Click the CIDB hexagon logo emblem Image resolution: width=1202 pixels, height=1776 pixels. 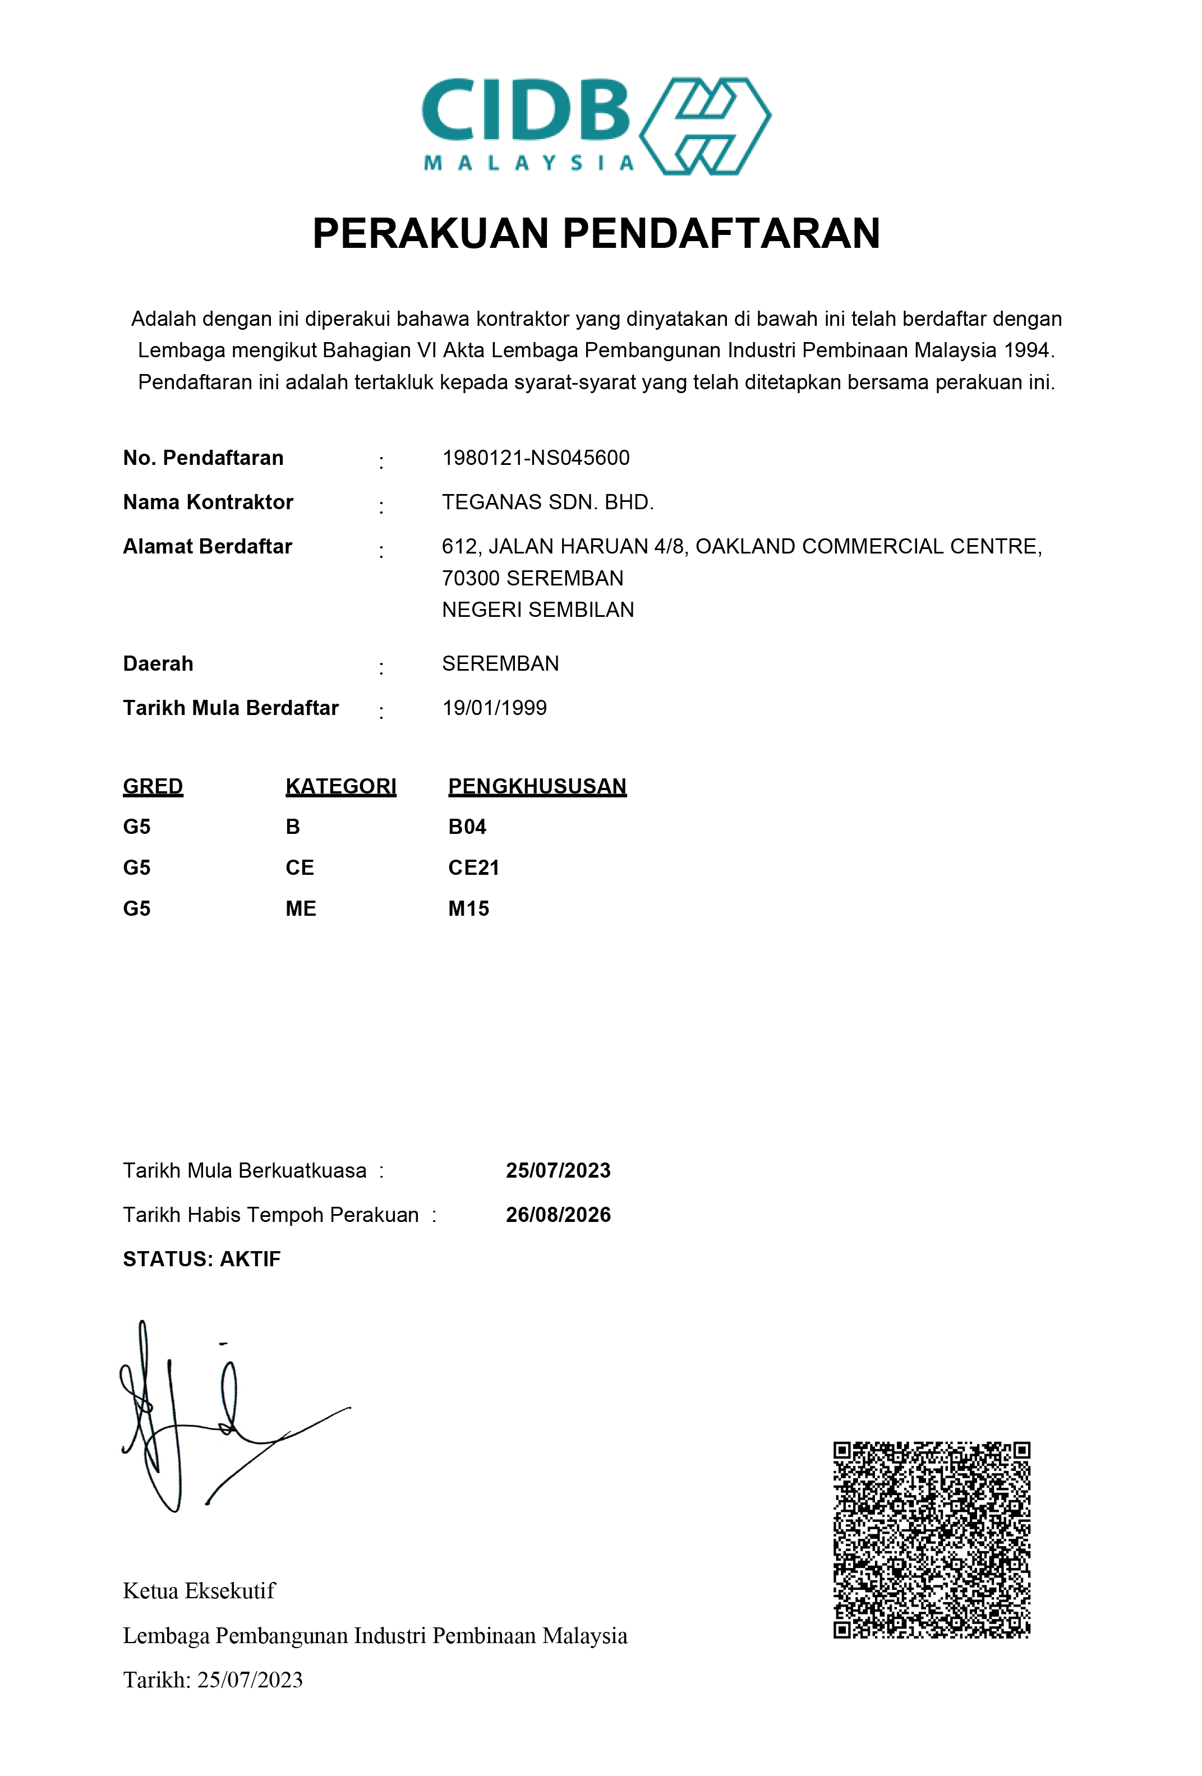[704, 126]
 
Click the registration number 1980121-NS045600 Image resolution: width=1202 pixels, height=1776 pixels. [536, 458]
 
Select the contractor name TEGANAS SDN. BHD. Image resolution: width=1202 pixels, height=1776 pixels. [547, 502]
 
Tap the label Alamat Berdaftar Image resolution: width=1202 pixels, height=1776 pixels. [207, 546]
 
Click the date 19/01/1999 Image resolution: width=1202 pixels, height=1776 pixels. [494, 708]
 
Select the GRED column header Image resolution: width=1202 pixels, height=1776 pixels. [153, 786]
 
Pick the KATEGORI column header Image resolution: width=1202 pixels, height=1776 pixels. [341, 786]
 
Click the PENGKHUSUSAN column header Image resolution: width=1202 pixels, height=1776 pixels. [537, 786]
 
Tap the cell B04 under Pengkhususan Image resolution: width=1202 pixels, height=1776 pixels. [467, 827]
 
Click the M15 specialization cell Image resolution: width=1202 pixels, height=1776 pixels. [468, 908]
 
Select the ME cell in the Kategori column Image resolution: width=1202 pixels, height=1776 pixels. [300, 908]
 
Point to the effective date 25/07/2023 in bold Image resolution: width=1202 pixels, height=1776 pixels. [558, 1171]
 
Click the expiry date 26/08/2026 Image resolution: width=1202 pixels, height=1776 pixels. [558, 1215]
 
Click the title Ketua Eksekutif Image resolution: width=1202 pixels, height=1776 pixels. [199, 1591]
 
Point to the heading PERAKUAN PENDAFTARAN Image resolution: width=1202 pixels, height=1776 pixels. [596, 233]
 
